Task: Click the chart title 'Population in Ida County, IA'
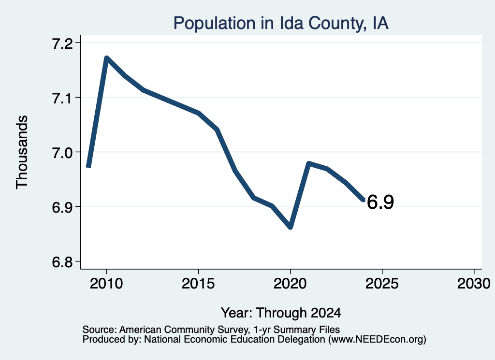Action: (x=281, y=23)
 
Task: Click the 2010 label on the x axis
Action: (x=106, y=283)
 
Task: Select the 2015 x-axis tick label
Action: (x=198, y=283)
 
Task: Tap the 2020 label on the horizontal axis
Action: (x=290, y=283)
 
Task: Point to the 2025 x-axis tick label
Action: (x=382, y=283)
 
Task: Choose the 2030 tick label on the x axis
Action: (x=474, y=283)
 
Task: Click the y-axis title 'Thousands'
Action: (x=22, y=152)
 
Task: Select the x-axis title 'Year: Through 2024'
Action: (x=281, y=313)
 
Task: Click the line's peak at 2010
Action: (x=107, y=58)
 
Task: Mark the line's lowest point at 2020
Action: (x=291, y=227)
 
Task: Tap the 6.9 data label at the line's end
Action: (x=380, y=202)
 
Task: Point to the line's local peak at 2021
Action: (x=309, y=163)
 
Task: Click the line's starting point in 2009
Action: (x=89, y=166)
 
